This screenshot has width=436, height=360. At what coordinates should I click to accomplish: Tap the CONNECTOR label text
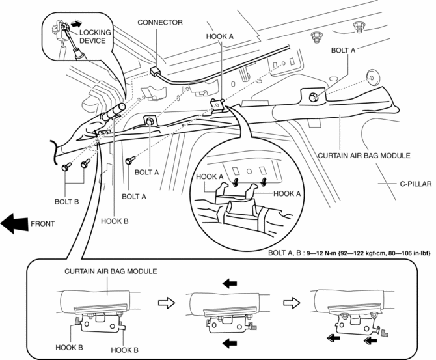click(x=160, y=22)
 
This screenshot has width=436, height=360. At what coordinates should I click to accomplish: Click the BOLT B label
click(x=66, y=202)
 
